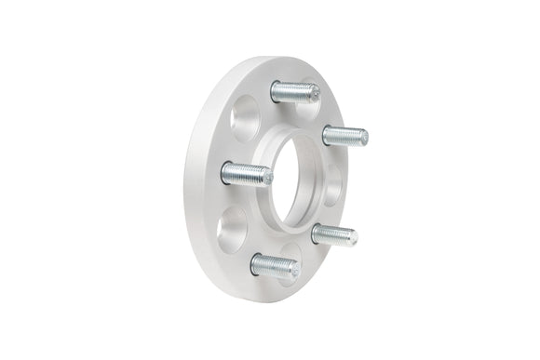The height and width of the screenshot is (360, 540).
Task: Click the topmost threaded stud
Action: coord(294,91)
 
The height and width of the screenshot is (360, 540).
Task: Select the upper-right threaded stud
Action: coord(344,135)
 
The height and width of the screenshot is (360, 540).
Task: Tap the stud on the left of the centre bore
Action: coord(246,173)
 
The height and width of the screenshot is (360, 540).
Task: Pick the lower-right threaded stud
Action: coord(333,234)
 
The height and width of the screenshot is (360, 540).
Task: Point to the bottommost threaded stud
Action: coord(275,265)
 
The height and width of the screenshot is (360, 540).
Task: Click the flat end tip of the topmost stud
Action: coord(314,93)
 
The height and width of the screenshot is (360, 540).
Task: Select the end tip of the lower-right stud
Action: coord(352,237)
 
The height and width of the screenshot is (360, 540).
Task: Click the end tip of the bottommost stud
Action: coord(294,269)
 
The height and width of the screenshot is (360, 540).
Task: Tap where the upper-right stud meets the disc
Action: coord(325,133)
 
